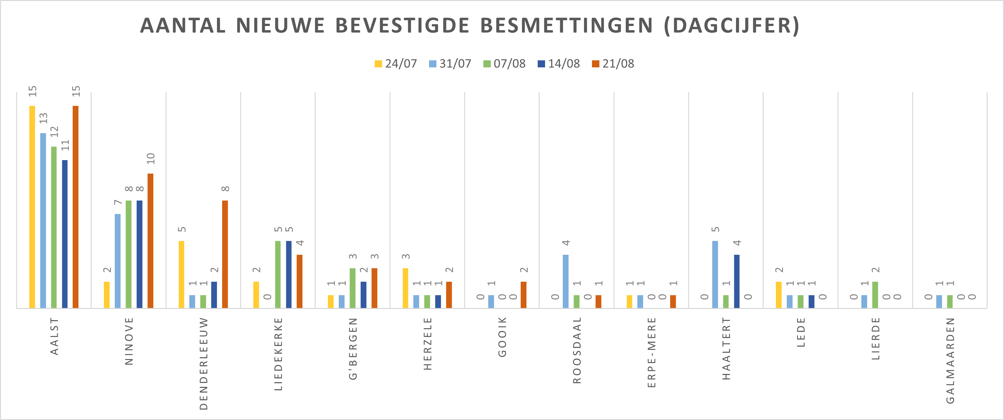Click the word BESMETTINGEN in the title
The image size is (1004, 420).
pyautogui.click(x=566, y=26)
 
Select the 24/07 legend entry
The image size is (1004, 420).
pyautogui.click(x=396, y=64)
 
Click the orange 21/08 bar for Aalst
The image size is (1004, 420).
pyautogui.click(x=75, y=207)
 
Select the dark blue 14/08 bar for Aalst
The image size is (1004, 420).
pyautogui.click(x=65, y=234)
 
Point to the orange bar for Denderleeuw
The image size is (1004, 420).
pyautogui.click(x=225, y=254)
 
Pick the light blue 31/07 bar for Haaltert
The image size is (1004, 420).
pyautogui.click(x=715, y=274)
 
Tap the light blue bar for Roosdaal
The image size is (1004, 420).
pyautogui.click(x=566, y=281)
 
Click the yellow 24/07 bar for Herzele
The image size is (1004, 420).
pyautogui.click(x=405, y=288)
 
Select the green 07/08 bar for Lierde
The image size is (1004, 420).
pyautogui.click(x=875, y=295)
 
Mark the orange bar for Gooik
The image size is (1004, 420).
pyautogui.click(x=524, y=295)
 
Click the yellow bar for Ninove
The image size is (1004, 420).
pyautogui.click(x=107, y=295)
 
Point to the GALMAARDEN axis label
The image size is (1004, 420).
pyautogui.click(x=950, y=360)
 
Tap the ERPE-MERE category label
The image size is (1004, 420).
pyautogui.click(x=652, y=352)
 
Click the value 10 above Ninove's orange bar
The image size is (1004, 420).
pyautogui.click(x=151, y=159)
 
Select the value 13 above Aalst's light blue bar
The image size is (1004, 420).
pyautogui.click(x=43, y=118)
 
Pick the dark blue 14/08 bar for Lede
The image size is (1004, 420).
pyautogui.click(x=811, y=301)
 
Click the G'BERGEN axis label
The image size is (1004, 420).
pyautogui.click(x=353, y=348)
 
